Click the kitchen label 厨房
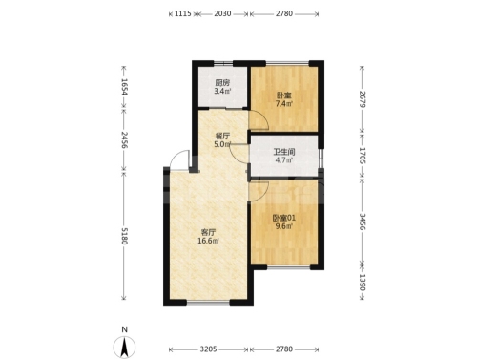coord(222,83)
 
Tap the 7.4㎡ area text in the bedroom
coord(284,103)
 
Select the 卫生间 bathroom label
coord(284,152)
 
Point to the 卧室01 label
coord(284,218)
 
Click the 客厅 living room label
coord(208,232)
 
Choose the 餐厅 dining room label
coord(222,136)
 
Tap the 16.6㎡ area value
coord(208,241)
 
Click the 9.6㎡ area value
coord(284,226)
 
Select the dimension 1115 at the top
coord(183,13)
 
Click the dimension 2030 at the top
coord(222,13)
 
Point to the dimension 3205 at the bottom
coord(208,349)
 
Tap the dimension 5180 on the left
coord(124,236)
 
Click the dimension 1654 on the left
coord(124,87)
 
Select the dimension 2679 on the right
coord(363,99)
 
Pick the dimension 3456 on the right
coord(363,222)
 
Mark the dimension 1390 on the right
coord(363,283)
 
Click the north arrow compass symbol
coord(124,347)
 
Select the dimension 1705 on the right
coord(363,156)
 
